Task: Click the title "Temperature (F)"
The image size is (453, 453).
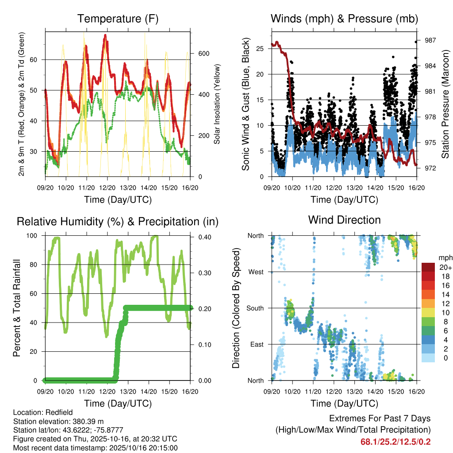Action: [118, 19]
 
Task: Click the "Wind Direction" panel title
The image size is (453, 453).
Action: [344, 220]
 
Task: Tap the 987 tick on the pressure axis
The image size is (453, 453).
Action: [430, 40]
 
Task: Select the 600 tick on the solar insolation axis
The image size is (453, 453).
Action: [203, 54]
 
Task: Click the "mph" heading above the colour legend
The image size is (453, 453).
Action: [445, 257]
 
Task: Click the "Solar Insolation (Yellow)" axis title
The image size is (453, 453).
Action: [217, 104]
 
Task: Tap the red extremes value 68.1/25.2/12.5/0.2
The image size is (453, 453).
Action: [395, 441]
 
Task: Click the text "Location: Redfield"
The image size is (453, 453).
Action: [41, 412]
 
